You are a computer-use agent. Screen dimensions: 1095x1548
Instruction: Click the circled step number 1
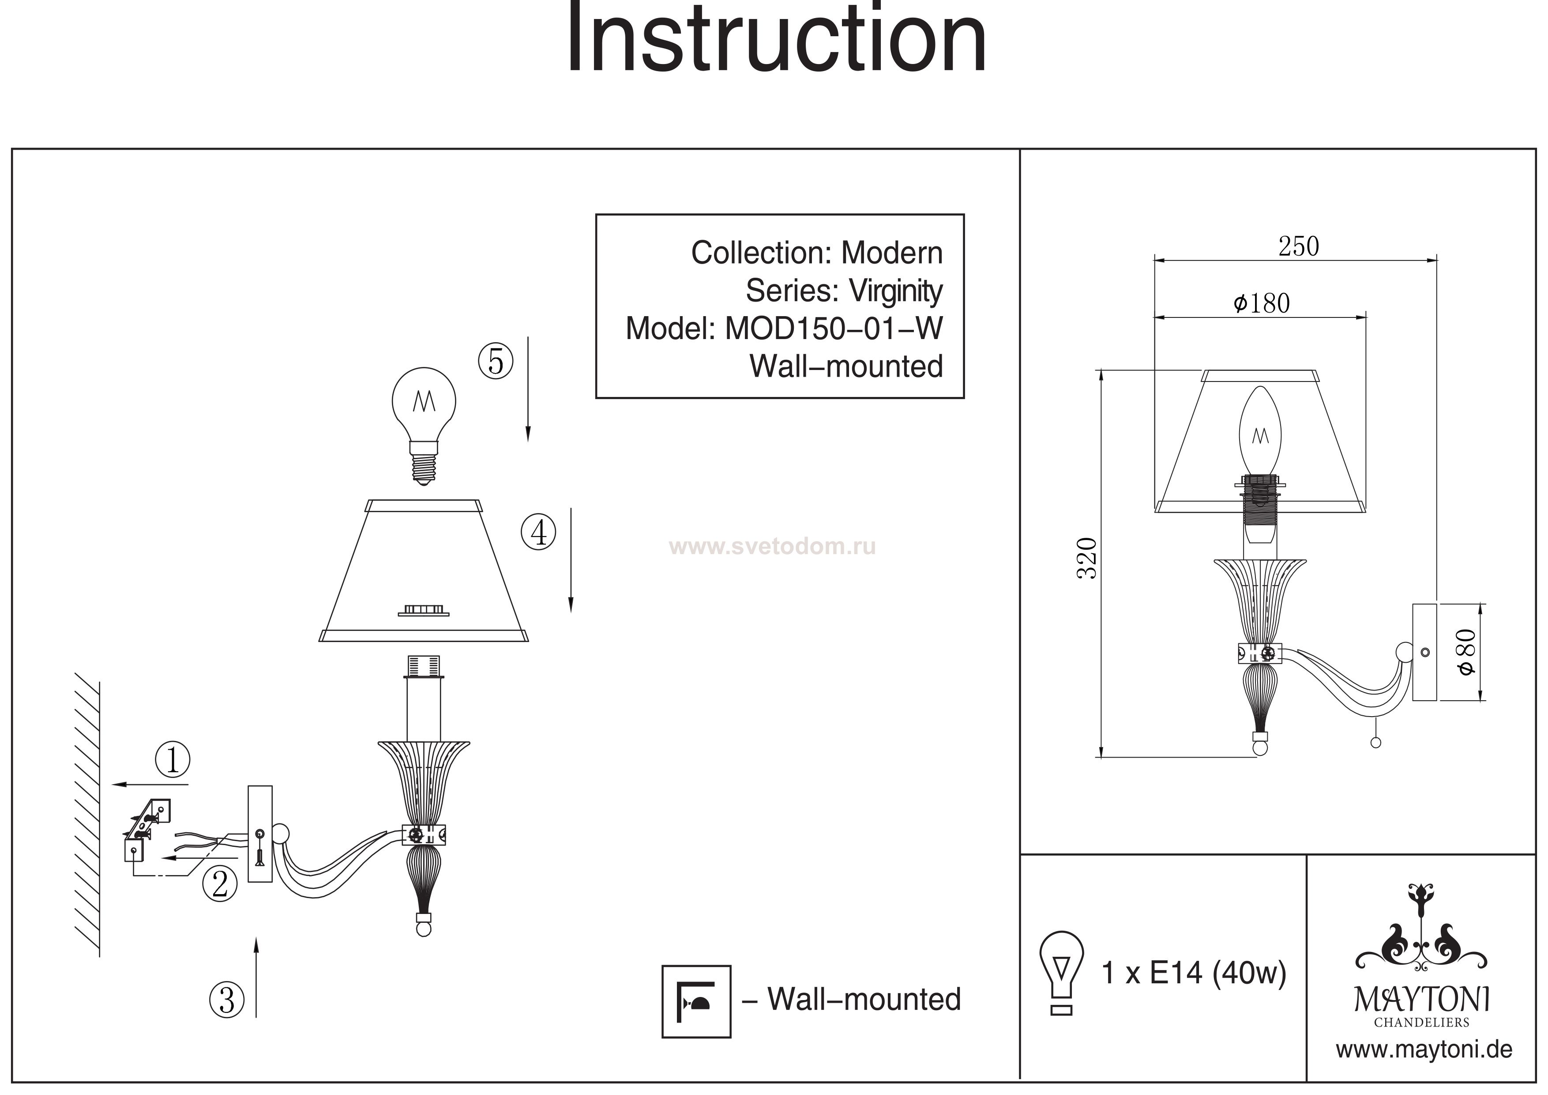click(x=173, y=760)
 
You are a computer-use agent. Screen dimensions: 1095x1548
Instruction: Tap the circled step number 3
click(x=227, y=1000)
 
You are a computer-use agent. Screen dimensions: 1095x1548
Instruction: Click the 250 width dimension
click(x=1298, y=247)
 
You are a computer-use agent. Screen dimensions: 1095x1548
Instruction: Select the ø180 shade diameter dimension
click(x=1262, y=304)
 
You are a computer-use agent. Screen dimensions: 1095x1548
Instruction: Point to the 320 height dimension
click(x=1087, y=558)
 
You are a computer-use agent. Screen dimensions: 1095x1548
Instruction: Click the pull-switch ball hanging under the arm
click(x=1376, y=743)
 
